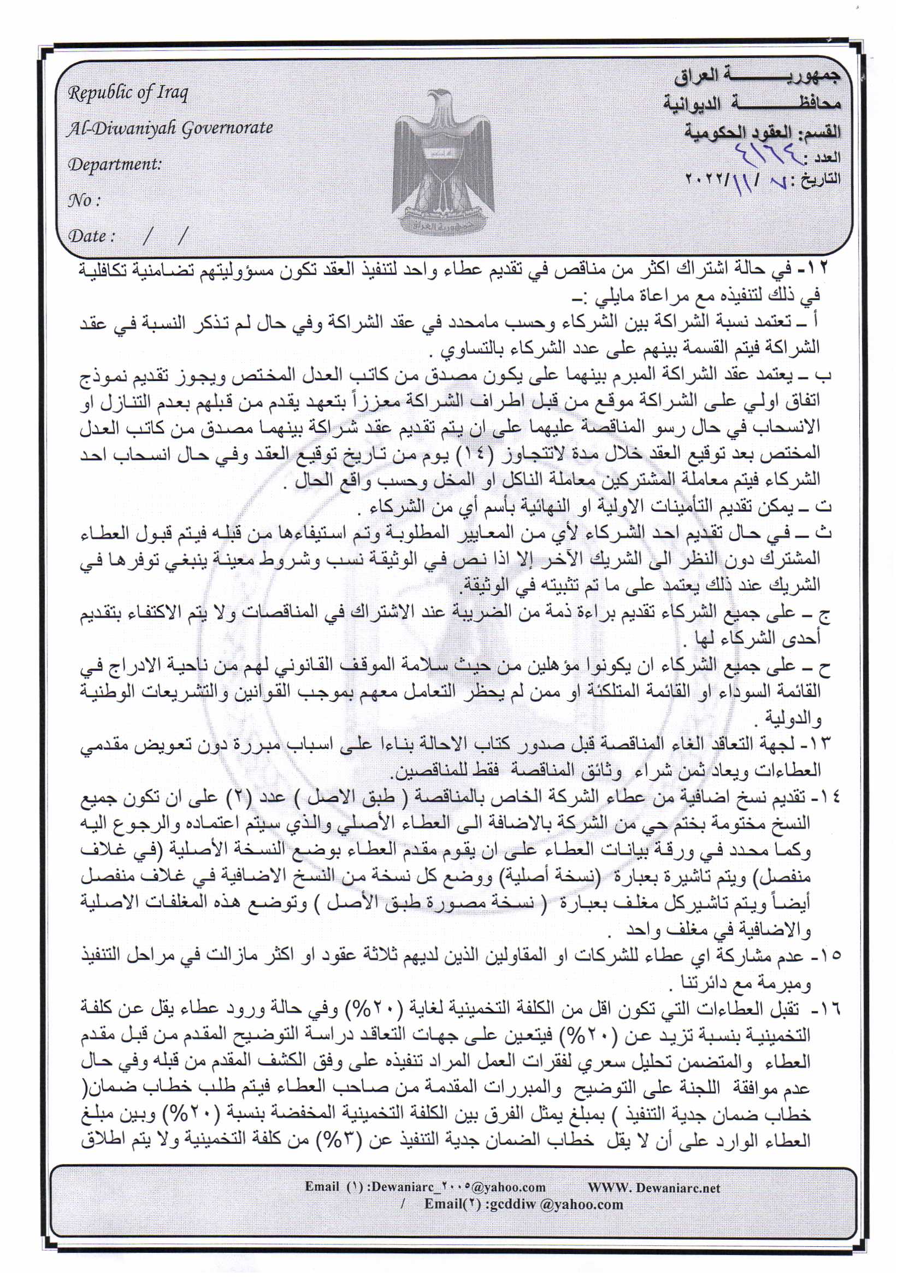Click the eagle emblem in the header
tap(443, 161)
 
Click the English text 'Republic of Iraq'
tap(127, 92)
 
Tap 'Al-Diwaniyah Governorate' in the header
tap(170, 128)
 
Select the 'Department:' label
tap(115, 165)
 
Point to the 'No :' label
tap(84, 201)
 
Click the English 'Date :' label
tap(91, 236)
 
